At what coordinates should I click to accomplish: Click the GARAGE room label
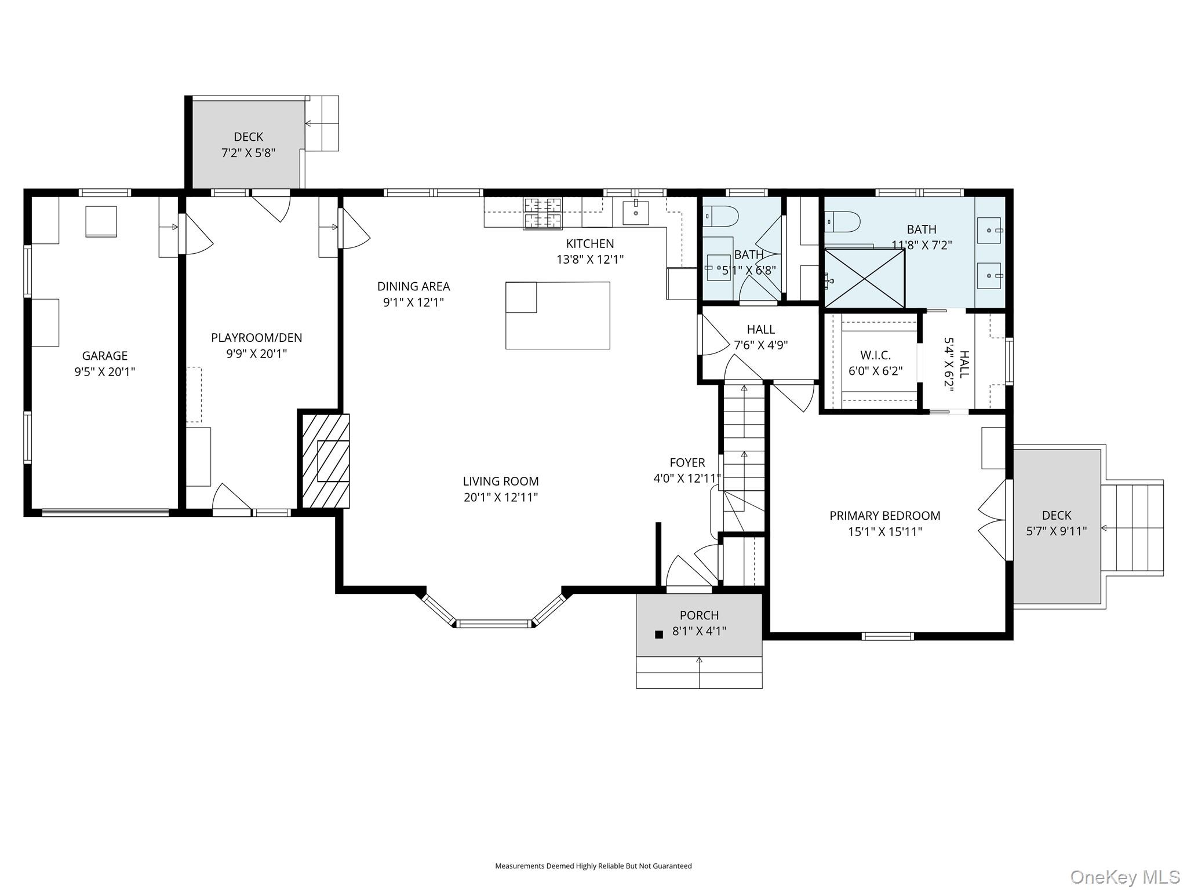point(105,356)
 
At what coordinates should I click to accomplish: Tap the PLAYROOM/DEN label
point(257,338)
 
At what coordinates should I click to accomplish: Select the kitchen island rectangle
point(558,315)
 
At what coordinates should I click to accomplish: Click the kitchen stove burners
point(543,213)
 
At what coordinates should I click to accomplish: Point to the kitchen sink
point(636,213)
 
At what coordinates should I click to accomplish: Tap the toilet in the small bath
point(721,217)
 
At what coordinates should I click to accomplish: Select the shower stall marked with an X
point(865,278)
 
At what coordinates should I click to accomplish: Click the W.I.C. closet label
point(875,355)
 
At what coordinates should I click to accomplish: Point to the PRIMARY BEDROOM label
point(885,516)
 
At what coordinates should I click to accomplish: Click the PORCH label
point(700,615)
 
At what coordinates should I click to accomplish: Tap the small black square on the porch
point(658,634)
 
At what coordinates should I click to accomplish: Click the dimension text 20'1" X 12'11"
point(501,497)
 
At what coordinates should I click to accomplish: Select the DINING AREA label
point(414,286)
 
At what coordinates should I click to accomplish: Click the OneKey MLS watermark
point(1125,877)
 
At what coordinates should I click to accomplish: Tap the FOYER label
point(687,462)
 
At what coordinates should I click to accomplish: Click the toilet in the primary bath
point(843,221)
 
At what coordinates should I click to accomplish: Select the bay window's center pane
point(494,624)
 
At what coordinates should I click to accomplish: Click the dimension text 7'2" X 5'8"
point(248,153)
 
